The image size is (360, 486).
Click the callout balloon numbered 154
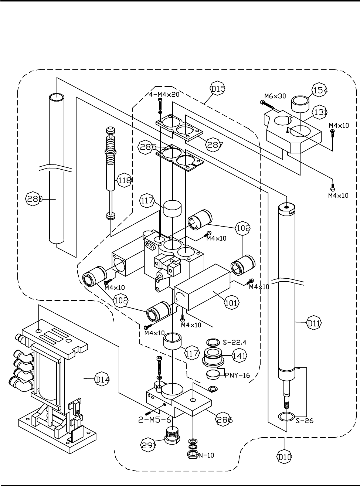pyautogui.click(x=320, y=90)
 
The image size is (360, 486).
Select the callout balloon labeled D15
pyautogui.click(x=218, y=89)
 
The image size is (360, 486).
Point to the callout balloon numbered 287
pyautogui.click(x=214, y=145)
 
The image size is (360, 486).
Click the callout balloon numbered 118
pyautogui.click(x=124, y=180)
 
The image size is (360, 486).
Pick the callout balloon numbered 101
pyautogui.click(x=232, y=303)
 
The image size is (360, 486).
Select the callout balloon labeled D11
pyautogui.click(x=313, y=323)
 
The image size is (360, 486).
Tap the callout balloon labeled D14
pyautogui.click(x=101, y=379)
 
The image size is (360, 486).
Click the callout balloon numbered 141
pyautogui.click(x=239, y=356)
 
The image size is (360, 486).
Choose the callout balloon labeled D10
pyautogui.click(x=284, y=457)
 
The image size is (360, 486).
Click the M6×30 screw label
pyautogui.click(x=275, y=96)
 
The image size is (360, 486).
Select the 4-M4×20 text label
pyautogui.click(x=164, y=95)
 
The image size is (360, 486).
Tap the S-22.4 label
pyautogui.click(x=234, y=342)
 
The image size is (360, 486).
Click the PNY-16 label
pyautogui.click(x=237, y=375)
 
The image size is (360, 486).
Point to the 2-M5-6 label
pyautogui.click(x=154, y=420)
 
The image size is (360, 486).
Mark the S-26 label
pyautogui.click(x=305, y=421)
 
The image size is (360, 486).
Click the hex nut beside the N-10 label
pyautogui.click(x=193, y=455)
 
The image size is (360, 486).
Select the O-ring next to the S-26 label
pyautogui.click(x=286, y=416)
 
